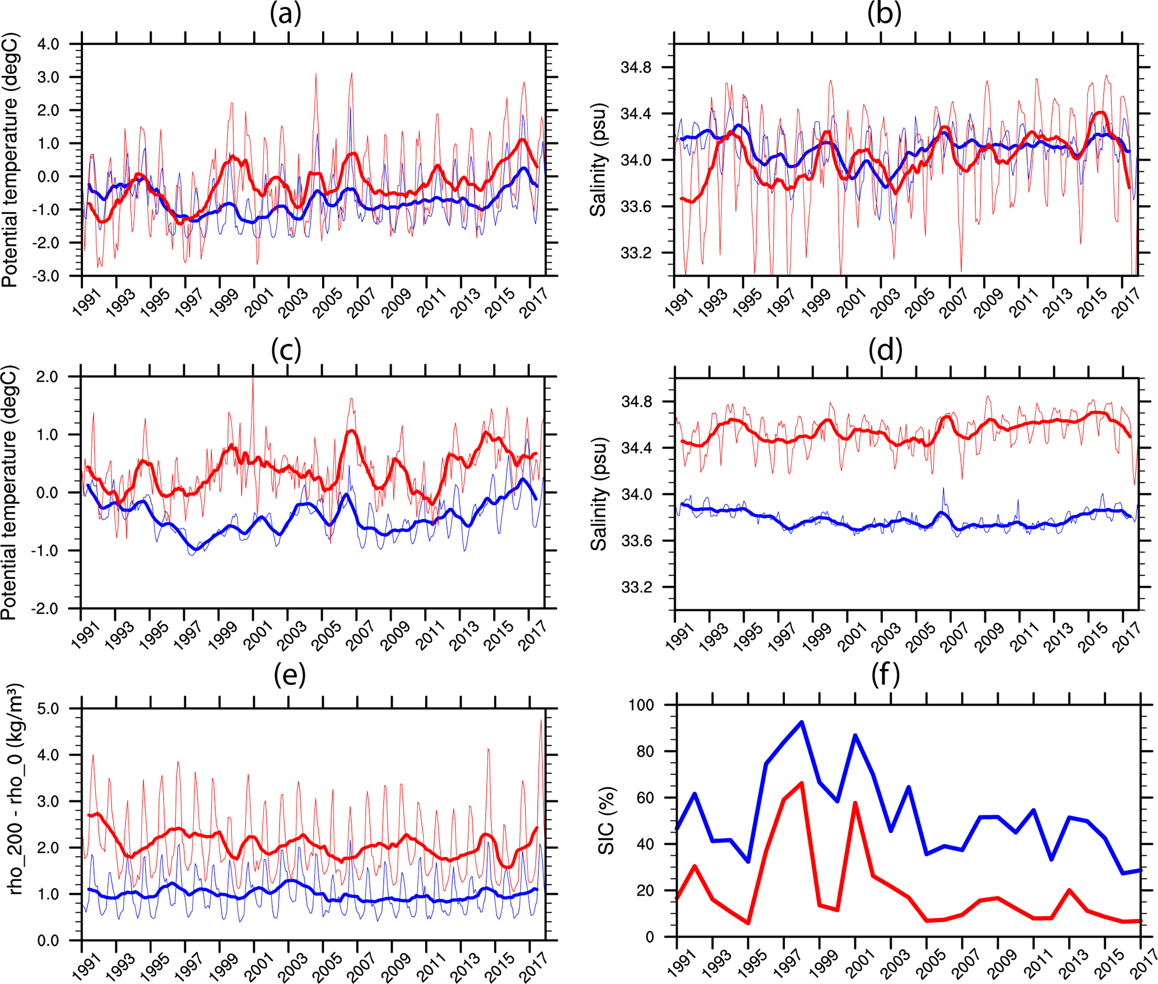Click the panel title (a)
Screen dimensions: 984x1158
pos(286,14)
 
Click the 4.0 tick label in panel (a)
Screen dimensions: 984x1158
pos(48,44)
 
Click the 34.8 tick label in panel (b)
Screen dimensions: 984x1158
pos(636,68)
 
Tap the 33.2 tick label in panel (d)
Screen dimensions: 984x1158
pos(637,588)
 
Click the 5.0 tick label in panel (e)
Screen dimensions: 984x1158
pos(48,709)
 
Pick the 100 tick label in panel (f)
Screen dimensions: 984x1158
pos(641,705)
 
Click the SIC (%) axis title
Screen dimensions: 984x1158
pos(606,821)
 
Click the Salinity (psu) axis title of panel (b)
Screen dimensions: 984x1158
pos(598,160)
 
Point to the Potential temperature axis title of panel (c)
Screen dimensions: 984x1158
pos(10,493)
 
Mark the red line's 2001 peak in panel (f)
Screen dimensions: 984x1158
pos(855,803)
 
